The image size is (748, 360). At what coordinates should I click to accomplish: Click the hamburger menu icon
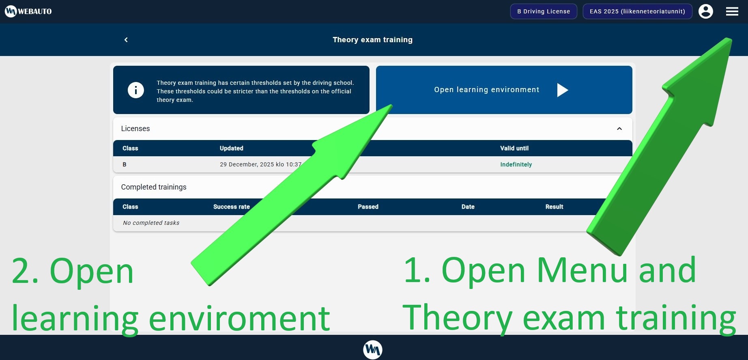[732, 11]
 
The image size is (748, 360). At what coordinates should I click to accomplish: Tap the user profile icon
[706, 11]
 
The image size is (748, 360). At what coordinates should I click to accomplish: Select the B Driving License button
[544, 11]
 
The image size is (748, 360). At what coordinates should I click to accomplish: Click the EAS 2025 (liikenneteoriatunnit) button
[637, 11]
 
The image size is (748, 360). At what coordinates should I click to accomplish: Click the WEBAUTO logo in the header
[28, 11]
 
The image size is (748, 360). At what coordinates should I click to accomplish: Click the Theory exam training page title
[372, 40]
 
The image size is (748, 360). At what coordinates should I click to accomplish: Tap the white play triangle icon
[563, 90]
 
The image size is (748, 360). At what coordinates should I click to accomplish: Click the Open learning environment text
[487, 90]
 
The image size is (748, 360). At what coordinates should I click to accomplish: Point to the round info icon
[136, 90]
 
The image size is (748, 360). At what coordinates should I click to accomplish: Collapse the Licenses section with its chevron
[619, 129]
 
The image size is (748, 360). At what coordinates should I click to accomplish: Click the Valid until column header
[514, 148]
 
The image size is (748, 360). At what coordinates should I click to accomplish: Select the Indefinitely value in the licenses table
[516, 164]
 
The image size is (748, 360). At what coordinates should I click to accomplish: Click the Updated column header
[232, 148]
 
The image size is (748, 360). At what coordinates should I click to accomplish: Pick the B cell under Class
[125, 164]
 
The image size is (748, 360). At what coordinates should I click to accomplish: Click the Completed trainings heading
[154, 187]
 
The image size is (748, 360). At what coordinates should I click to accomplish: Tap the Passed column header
[368, 207]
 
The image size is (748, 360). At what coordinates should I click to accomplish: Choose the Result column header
[554, 207]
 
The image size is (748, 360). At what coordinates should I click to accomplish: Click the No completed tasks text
[151, 223]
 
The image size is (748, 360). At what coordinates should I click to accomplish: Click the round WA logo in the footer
[373, 349]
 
